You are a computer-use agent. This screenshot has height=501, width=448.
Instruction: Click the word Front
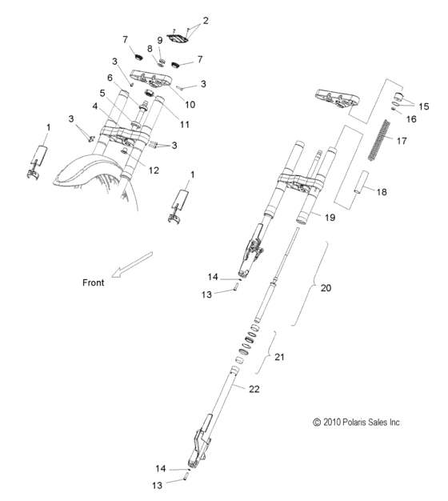(x=95, y=283)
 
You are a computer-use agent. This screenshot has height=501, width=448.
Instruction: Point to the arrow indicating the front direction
(x=132, y=263)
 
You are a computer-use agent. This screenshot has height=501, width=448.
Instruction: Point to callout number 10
(x=190, y=103)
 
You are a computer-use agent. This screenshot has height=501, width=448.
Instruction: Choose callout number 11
(x=185, y=124)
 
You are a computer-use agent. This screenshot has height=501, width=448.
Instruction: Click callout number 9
(x=160, y=40)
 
